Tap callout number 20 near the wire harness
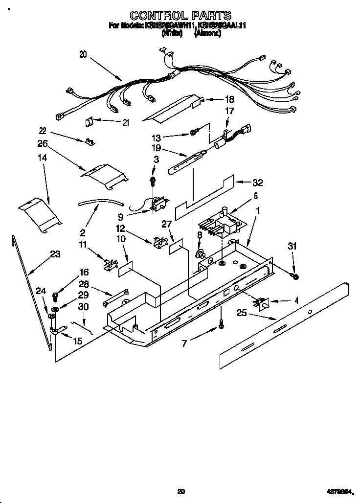(x=83, y=55)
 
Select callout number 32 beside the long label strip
(x=257, y=183)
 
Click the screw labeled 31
(x=295, y=277)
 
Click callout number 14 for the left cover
(x=43, y=159)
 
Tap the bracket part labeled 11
(x=112, y=263)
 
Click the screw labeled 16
(x=55, y=295)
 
